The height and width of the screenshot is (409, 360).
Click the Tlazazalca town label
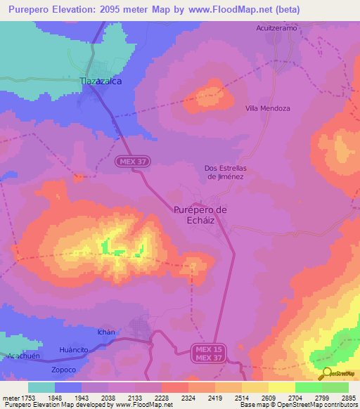[x=101, y=82]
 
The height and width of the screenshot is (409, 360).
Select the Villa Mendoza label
[x=267, y=108]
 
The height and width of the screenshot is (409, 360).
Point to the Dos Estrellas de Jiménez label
[x=224, y=172]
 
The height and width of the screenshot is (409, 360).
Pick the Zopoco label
[x=63, y=369]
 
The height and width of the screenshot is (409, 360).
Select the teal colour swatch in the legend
[x=41, y=387]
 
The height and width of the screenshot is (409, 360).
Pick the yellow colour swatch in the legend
[x=281, y=387]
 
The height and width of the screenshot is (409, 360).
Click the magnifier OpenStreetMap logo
[x=326, y=373]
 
